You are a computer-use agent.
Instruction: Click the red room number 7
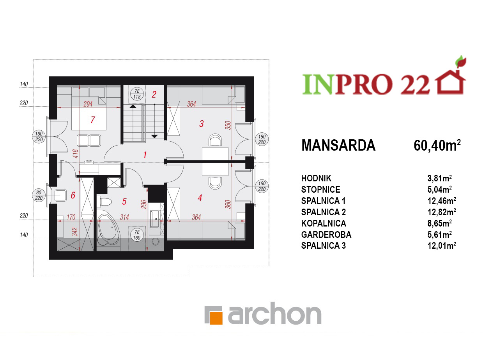click(93, 120)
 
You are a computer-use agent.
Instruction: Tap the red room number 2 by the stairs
click(154, 95)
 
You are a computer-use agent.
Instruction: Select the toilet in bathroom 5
click(105, 202)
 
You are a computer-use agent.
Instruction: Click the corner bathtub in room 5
click(108, 230)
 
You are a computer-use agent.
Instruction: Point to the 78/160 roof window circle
click(137, 235)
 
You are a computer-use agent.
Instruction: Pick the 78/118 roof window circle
click(137, 94)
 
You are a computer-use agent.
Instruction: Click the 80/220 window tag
click(39, 195)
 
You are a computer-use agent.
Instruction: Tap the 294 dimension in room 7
click(88, 104)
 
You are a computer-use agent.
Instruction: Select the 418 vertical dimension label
click(76, 154)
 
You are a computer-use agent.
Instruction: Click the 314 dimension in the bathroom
click(124, 217)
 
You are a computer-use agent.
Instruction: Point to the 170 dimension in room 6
click(71, 217)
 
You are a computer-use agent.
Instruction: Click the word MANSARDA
click(338, 146)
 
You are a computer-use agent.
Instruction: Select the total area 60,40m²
click(437, 146)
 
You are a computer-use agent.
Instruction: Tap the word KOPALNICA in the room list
click(324, 223)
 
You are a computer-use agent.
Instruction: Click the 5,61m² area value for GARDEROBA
click(439, 235)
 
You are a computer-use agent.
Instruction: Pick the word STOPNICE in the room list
click(321, 190)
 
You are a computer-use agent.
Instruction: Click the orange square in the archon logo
click(216, 318)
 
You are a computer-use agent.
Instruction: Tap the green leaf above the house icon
click(461, 61)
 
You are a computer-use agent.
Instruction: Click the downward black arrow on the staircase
click(154, 136)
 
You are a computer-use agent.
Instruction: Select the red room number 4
click(200, 198)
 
